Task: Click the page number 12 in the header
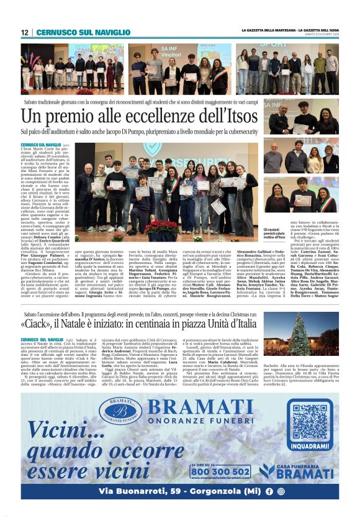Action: click(25, 32)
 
